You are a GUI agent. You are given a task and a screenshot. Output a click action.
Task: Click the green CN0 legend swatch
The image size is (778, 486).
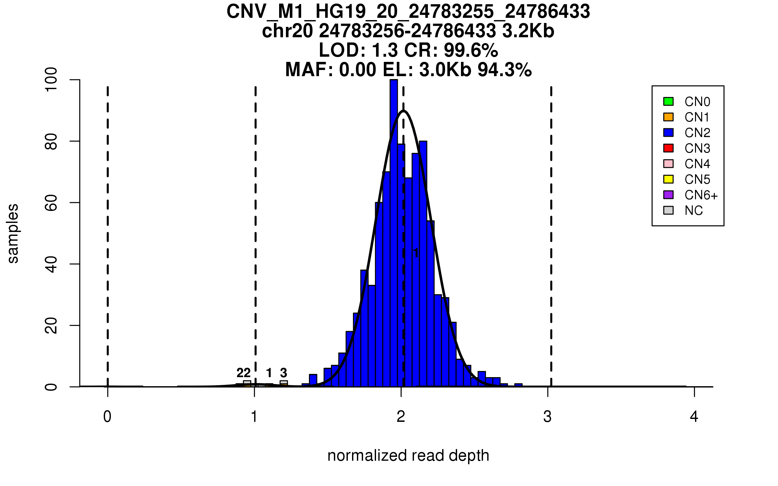tap(668, 101)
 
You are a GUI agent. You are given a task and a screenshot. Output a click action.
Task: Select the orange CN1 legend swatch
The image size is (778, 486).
tap(668, 117)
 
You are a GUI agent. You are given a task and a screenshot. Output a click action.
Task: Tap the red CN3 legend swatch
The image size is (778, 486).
tap(668, 148)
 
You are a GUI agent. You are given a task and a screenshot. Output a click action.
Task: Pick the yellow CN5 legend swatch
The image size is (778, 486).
tap(668, 179)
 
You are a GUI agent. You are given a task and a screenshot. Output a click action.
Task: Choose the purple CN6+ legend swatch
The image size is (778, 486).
tap(668, 195)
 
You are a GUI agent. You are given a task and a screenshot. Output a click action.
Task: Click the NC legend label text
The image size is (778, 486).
tap(693, 211)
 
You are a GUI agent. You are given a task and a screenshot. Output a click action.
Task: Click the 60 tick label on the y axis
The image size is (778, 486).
tap(51, 202)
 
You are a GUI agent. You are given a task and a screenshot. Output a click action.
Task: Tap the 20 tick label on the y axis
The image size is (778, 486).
tap(51, 325)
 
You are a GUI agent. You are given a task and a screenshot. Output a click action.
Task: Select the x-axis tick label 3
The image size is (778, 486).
tap(548, 417)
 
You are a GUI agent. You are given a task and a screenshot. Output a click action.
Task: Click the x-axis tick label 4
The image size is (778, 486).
tap(694, 417)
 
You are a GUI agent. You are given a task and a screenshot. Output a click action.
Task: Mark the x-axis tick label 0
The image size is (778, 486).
tap(107, 417)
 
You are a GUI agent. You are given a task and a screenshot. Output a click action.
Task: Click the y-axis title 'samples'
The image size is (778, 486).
tap(13, 233)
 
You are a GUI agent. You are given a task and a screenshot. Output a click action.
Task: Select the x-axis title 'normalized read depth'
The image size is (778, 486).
tap(408, 456)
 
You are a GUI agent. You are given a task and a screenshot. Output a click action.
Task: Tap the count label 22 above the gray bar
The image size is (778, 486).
tap(243, 373)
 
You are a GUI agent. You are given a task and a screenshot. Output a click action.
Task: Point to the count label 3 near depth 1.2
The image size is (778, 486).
tap(284, 373)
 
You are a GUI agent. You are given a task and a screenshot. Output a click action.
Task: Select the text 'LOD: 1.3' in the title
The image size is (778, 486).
tap(358, 50)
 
